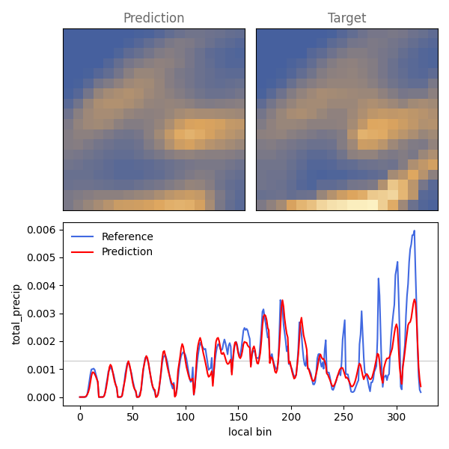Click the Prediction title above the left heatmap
tap(153, 18)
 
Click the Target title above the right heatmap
tap(346, 18)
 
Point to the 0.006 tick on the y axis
tap(41, 230)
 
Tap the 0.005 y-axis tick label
tap(41, 257)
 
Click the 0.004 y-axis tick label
tap(41, 286)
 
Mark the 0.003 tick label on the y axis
tap(41, 314)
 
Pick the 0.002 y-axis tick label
tap(41, 342)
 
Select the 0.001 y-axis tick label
tap(41, 370)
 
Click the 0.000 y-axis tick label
tap(41, 397)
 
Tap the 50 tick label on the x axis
tap(133, 418)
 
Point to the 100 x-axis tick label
tap(186, 418)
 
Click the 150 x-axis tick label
tap(238, 418)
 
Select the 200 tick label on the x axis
tap(291, 418)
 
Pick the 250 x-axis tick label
tap(344, 418)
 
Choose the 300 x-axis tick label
tap(397, 418)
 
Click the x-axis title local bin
tap(250, 432)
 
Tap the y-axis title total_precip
tap(16, 314)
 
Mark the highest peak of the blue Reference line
tap(414, 230)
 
